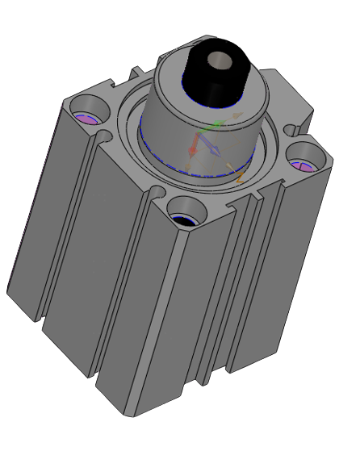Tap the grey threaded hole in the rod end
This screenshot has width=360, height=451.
point(219,60)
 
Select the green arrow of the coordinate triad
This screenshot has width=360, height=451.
point(211,127)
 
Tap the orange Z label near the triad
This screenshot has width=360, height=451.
point(241,176)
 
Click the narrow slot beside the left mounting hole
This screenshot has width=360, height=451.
point(103,138)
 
